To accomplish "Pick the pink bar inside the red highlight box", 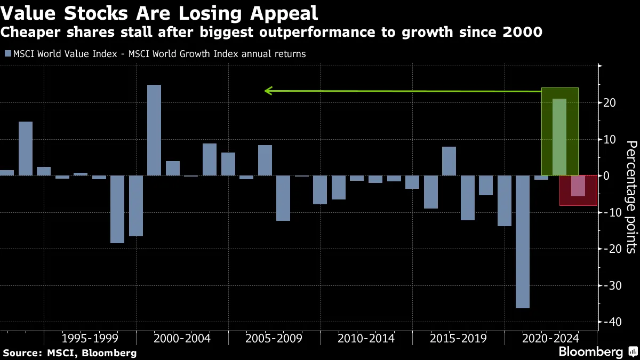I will [x=578, y=186].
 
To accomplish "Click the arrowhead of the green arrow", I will [x=268, y=91].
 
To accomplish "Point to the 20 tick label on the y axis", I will [x=610, y=102].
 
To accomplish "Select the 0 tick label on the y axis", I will [x=606, y=175].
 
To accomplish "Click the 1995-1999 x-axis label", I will [x=90, y=338].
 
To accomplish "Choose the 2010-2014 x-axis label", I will [x=366, y=338].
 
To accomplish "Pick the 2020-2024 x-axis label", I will [x=550, y=338].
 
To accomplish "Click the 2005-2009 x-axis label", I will [x=274, y=338].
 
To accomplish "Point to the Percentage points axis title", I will [x=631, y=197].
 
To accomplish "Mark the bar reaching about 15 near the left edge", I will [x=26, y=148].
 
